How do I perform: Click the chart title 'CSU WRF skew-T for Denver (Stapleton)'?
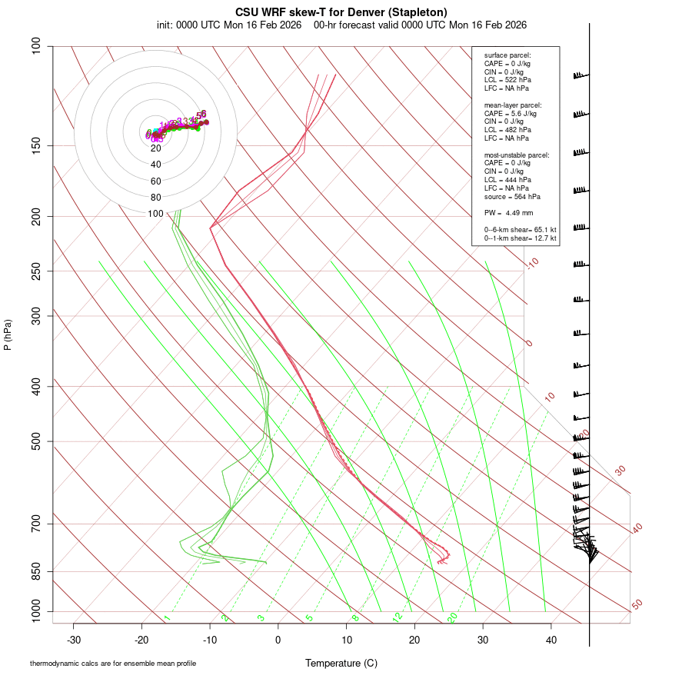[x=342, y=12]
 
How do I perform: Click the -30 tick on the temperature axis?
[x=74, y=640]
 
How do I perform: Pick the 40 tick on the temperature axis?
[x=551, y=640]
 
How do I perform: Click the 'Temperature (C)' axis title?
[x=341, y=663]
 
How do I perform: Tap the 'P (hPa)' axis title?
[x=8, y=335]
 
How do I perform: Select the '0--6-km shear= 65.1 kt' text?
[x=520, y=230]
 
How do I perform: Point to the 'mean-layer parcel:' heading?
[x=513, y=105]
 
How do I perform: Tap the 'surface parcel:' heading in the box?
[x=507, y=55]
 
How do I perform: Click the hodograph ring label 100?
[x=155, y=214]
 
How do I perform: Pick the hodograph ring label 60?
[x=155, y=181]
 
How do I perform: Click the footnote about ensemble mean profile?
[x=113, y=663]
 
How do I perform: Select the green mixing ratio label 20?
[x=452, y=617]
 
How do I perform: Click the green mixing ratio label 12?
[x=398, y=617]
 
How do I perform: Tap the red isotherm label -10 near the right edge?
[x=532, y=263]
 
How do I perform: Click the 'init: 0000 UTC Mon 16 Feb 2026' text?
[x=229, y=25]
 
